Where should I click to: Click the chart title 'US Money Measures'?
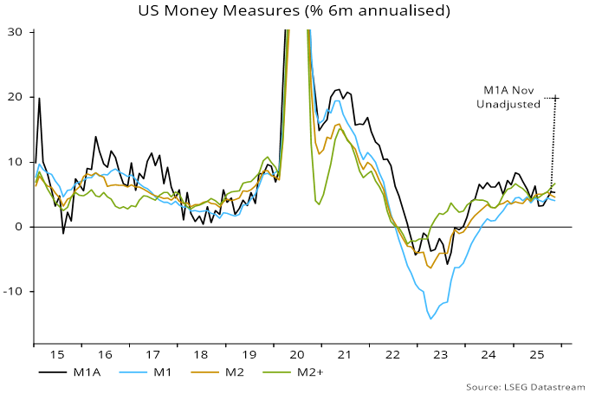pyautogui.click(x=294, y=11)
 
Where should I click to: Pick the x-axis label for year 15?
pyautogui.click(x=56, y=355)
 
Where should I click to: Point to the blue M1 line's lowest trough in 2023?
pyautogui.click(x=430, y=319)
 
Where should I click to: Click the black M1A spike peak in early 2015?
pyautogui.click(x=39, y=98)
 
